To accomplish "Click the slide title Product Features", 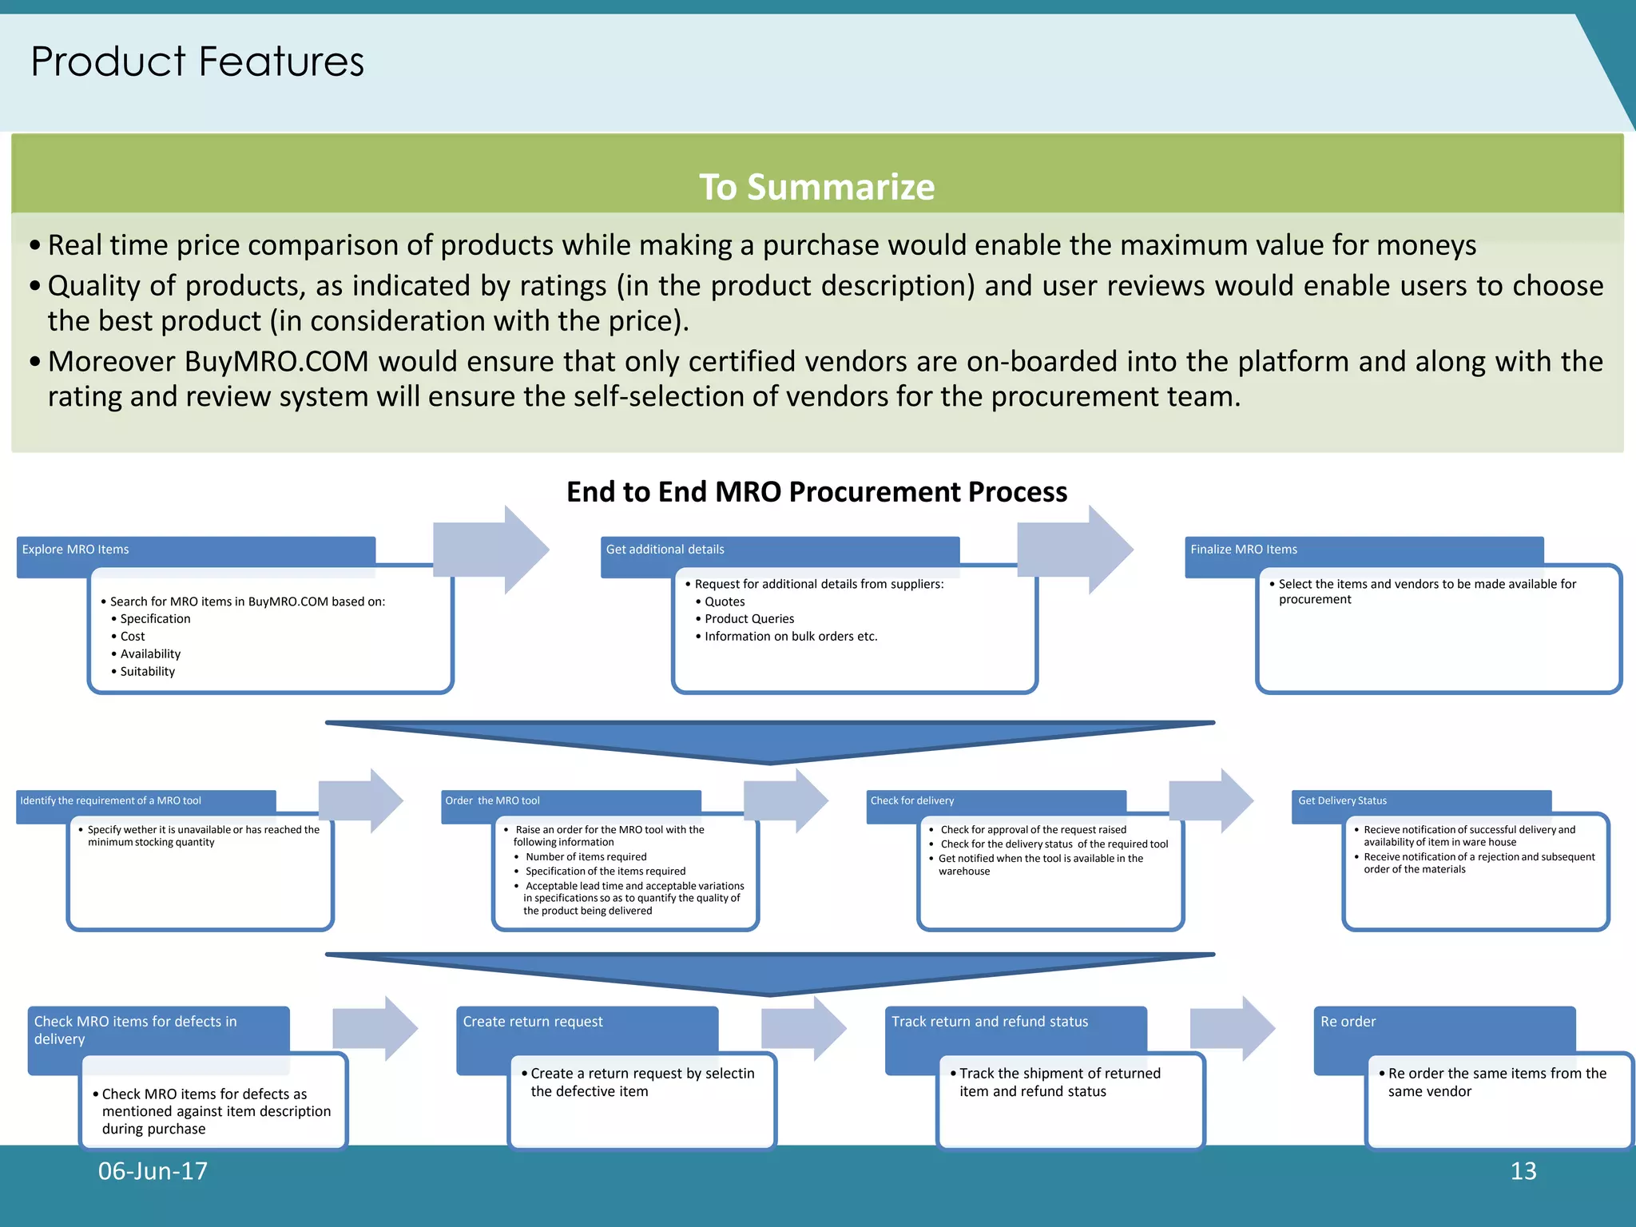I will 197,62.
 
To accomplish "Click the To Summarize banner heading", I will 816,187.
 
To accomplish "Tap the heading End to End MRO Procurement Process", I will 816,491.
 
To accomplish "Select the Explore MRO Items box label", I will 75,550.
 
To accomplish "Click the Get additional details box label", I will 665,550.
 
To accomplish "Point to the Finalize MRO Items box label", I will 1243,550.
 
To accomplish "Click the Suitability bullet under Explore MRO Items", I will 147,672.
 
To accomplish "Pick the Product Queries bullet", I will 749,619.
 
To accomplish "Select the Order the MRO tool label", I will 492,800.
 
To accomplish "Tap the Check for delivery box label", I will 911,800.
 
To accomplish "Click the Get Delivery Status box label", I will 1342,800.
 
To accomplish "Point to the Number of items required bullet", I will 586,857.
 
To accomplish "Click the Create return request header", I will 533,1022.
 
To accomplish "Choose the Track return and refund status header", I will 990,1022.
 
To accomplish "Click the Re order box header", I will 1348,1022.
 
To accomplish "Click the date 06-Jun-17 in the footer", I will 153,1171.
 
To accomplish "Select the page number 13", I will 1523,1171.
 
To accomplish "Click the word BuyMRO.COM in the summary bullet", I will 276,362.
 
